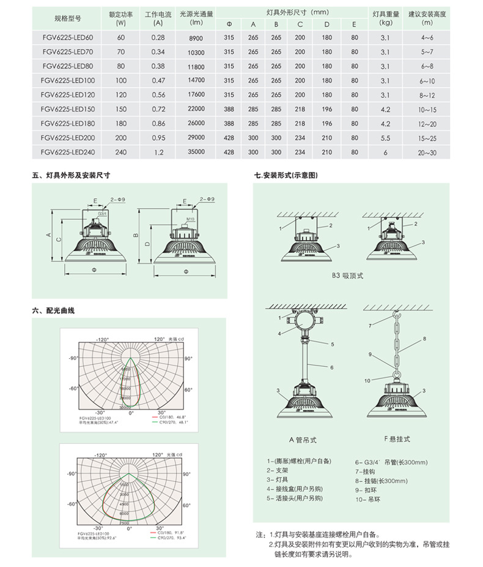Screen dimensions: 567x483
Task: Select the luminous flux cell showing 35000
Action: [x=196, y=152]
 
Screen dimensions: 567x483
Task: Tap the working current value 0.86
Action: [x=158, y=123]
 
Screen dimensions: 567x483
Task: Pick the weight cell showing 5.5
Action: [x=385, y=138]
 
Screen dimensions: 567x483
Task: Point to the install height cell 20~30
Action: [x=427, y=152]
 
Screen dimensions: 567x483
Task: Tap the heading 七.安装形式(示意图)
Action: [x=287, y=176]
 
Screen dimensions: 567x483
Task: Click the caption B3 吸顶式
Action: [x=348, y=276]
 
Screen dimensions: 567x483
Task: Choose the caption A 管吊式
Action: [x=303, y=440]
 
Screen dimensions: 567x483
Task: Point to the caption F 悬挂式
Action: [x=397, y=440]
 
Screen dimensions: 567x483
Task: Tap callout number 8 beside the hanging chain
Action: [x=424, y=339]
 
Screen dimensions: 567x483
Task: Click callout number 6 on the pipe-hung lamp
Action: [x=331, y=367]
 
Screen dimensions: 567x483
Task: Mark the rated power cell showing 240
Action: [x=120, y=152]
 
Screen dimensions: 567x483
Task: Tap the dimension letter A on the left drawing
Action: [x=48, y=235]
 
